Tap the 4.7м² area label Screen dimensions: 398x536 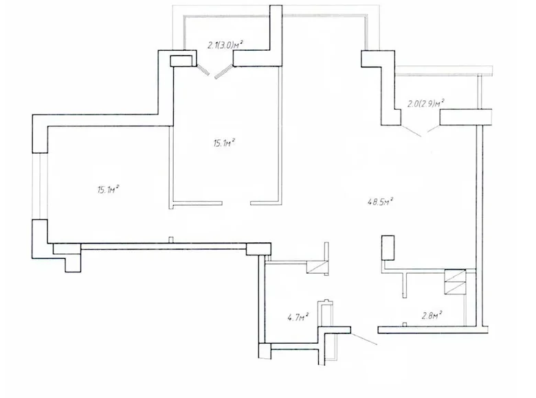(298, 317)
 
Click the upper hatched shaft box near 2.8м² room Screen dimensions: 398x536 (456, 276)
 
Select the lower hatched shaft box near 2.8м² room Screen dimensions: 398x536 (456, 289)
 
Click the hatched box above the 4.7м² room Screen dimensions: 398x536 (320, 268)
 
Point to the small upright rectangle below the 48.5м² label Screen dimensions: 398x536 (388, 247)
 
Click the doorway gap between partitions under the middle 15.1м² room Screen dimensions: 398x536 (238, 202)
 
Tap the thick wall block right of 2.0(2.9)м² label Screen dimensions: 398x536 (466, 117)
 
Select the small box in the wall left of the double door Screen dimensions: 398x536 (183, 60)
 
